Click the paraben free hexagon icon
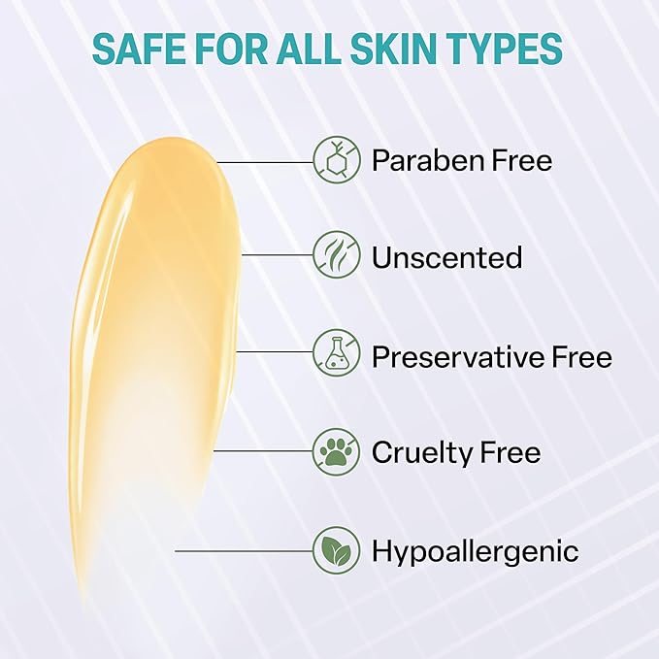pyautogui.click(x=337, y=159)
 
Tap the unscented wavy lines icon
pyautogui.click(x=337, y=254)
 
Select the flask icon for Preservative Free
pyautogui.click(x=337, y=352)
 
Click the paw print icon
pyautogui.click(x=337, y=452)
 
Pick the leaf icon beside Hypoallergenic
pyautogui.click(x=337, y=550)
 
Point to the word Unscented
pyautogui.click(x=447, y=257)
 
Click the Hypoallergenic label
pyautogui.click(x=476, y=551)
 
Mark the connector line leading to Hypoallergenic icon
pyautogui.click(x=245, y=550)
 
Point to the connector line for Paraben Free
pyautogui.click(x=265, y=162)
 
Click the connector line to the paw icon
pyautogui.click(x=264, y=451)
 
